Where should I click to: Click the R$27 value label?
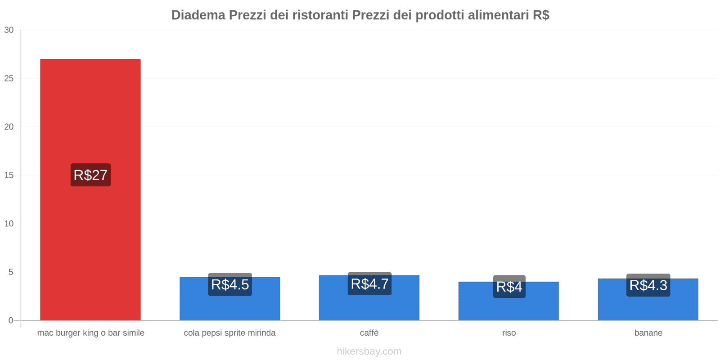click(x=90, y=175)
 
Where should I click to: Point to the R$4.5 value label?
click(x=230, y=284)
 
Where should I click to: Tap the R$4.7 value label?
click(x=369, y=284)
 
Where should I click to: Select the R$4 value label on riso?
click(x=509, y=287)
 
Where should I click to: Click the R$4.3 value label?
click(x=648, y=285)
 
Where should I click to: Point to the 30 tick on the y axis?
click(x=9, y=30)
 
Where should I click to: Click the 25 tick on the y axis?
click(x=9, y=79)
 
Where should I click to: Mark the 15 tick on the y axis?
click(x=9, y=175)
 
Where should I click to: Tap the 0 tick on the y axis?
click(x=11, y=320)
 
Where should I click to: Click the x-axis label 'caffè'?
click(x=369, y=333)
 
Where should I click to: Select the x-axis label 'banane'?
click(x=648, y=333)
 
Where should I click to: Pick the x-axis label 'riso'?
click(x=509, y=333)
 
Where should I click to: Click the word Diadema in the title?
click(x=198, y=15)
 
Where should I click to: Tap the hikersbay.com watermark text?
click(x=369, y=351)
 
